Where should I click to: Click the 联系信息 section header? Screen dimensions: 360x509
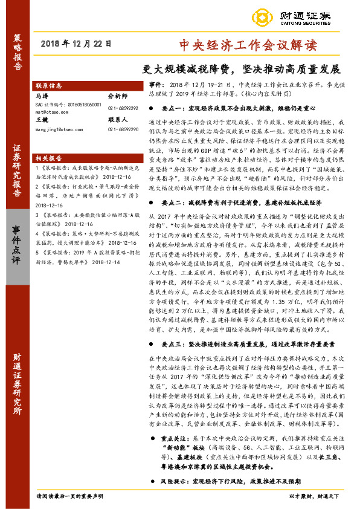click(x=50, y=86)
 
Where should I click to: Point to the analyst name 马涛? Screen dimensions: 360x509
click(x=42, y=96)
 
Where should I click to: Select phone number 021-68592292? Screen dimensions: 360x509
click(x=123, y=108)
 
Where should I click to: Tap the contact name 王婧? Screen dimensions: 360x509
click(x=42, y=120)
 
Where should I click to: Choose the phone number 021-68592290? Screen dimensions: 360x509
click(x=123, y=129)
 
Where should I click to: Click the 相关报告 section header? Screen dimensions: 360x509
click(x=50, y=157)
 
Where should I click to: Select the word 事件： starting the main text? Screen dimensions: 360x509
click(x=156, y=86)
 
